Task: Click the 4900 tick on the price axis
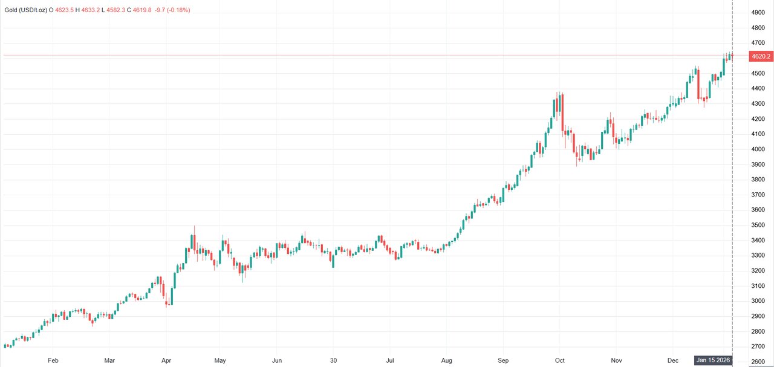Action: pos(758,13)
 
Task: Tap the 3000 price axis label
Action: pos(758,301)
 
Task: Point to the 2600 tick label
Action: pos(758,362)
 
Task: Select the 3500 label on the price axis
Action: pos(758,225)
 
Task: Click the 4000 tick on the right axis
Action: pos(758,149)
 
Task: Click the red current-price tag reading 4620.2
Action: pos(760,56)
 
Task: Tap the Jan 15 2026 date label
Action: pos(714,360)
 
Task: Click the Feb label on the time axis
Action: pos(53,360)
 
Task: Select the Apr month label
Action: pos(166,360)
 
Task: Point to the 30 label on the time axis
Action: pos(334,360)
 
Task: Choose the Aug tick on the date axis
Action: pos(446,360)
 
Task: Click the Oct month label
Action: pos(560,360)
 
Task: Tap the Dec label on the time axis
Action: pos(672,360)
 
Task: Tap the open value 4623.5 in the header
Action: pos(65,10)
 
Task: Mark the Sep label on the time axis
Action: pos(503,360)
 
